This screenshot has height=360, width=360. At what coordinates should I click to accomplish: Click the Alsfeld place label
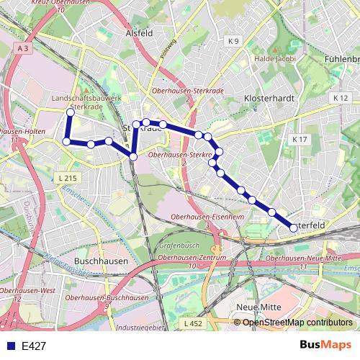coord(139,32)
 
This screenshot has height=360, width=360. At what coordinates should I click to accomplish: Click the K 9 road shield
coord(233,42)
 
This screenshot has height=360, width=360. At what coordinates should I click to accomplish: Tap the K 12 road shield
coord(341,96)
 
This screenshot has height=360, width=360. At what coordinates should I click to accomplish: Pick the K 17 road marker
coord(300,139)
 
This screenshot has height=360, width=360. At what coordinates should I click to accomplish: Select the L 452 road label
coord(193,324)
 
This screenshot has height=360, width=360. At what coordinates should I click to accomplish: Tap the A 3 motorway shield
coord(24,48)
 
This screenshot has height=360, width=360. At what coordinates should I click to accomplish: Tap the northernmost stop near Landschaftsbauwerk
coord(71,112)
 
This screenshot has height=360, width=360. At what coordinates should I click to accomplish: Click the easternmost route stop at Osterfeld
coord(294,228)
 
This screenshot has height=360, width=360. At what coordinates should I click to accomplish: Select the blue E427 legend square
coord(7,346)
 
